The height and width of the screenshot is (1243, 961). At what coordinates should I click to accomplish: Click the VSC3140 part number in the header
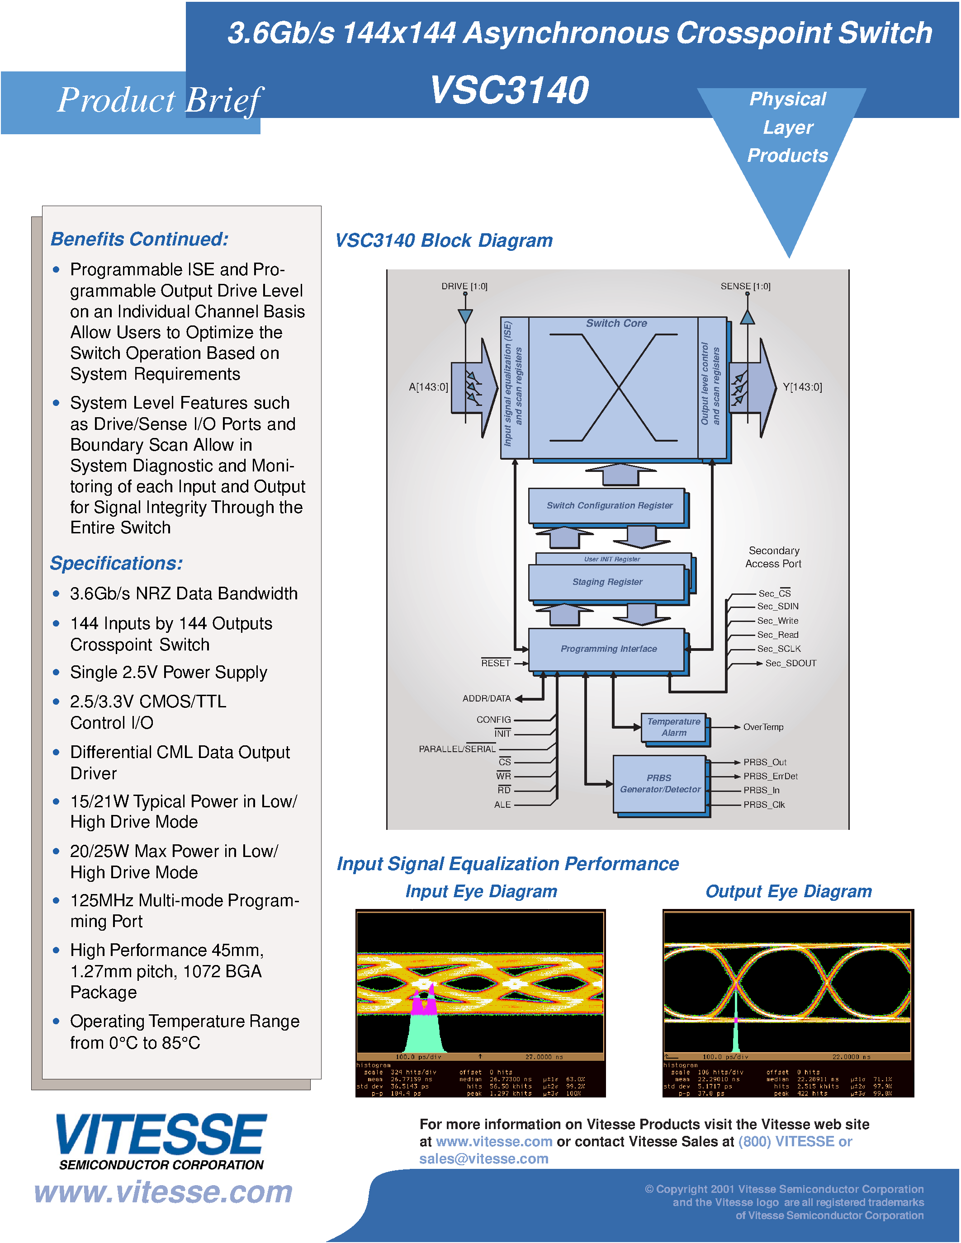(509, 90)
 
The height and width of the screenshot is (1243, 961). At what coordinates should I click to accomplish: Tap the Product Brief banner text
(159, 100)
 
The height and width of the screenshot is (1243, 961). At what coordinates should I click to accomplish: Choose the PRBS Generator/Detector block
(659, 784)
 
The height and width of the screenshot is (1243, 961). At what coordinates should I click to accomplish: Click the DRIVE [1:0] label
(464, 286)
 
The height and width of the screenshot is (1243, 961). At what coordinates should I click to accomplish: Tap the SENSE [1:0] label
(745, 286)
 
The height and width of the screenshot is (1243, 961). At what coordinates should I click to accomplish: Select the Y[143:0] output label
(802, 387)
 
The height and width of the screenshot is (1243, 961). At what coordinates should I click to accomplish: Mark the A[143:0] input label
(428, 387)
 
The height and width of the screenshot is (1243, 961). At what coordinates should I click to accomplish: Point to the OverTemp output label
(763, 727)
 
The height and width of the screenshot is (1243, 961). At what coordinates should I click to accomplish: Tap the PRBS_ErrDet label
(770, 776)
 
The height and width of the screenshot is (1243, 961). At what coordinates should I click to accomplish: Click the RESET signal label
(495, 663)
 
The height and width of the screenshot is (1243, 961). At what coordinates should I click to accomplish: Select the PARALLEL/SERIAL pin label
(457, 749)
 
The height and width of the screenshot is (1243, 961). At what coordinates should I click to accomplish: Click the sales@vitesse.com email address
(483, 1159)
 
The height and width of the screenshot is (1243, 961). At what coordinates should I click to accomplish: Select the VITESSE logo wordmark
(161, 1135)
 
